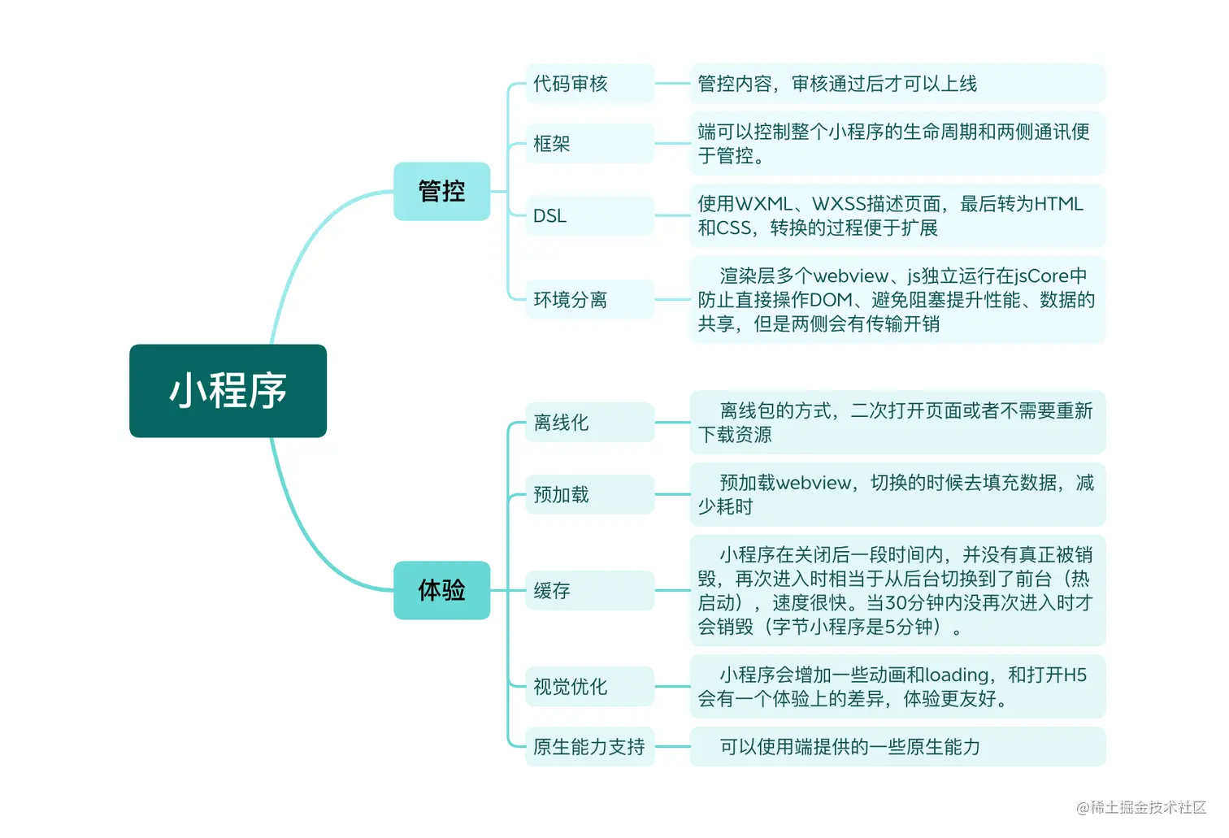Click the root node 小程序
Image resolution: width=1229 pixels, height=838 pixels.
228,391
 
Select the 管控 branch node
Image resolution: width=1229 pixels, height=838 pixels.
441,192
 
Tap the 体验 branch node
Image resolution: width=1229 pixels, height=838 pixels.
441,590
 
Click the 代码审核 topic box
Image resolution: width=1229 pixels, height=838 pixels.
589,84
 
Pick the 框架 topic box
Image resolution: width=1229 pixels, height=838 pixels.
589,144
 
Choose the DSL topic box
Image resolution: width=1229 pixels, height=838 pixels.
589,216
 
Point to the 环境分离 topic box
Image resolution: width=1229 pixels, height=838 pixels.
589,300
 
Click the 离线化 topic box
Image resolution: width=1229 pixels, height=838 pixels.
589,423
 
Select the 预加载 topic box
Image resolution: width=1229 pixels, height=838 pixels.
589,494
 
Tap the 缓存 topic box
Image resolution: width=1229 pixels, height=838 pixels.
589,591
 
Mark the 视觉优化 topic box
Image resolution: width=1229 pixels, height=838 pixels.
589,687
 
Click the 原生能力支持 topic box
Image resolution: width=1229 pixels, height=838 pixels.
589,747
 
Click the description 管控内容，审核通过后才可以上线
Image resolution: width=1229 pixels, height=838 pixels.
897,84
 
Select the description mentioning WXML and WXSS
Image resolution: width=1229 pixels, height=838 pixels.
897,216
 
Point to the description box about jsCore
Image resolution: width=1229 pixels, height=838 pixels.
897,300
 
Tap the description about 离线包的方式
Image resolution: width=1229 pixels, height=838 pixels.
897,423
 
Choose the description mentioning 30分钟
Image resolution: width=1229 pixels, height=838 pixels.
897,591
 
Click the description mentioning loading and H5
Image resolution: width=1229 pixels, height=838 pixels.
897,687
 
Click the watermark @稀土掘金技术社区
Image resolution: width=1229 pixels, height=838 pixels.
1141,807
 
